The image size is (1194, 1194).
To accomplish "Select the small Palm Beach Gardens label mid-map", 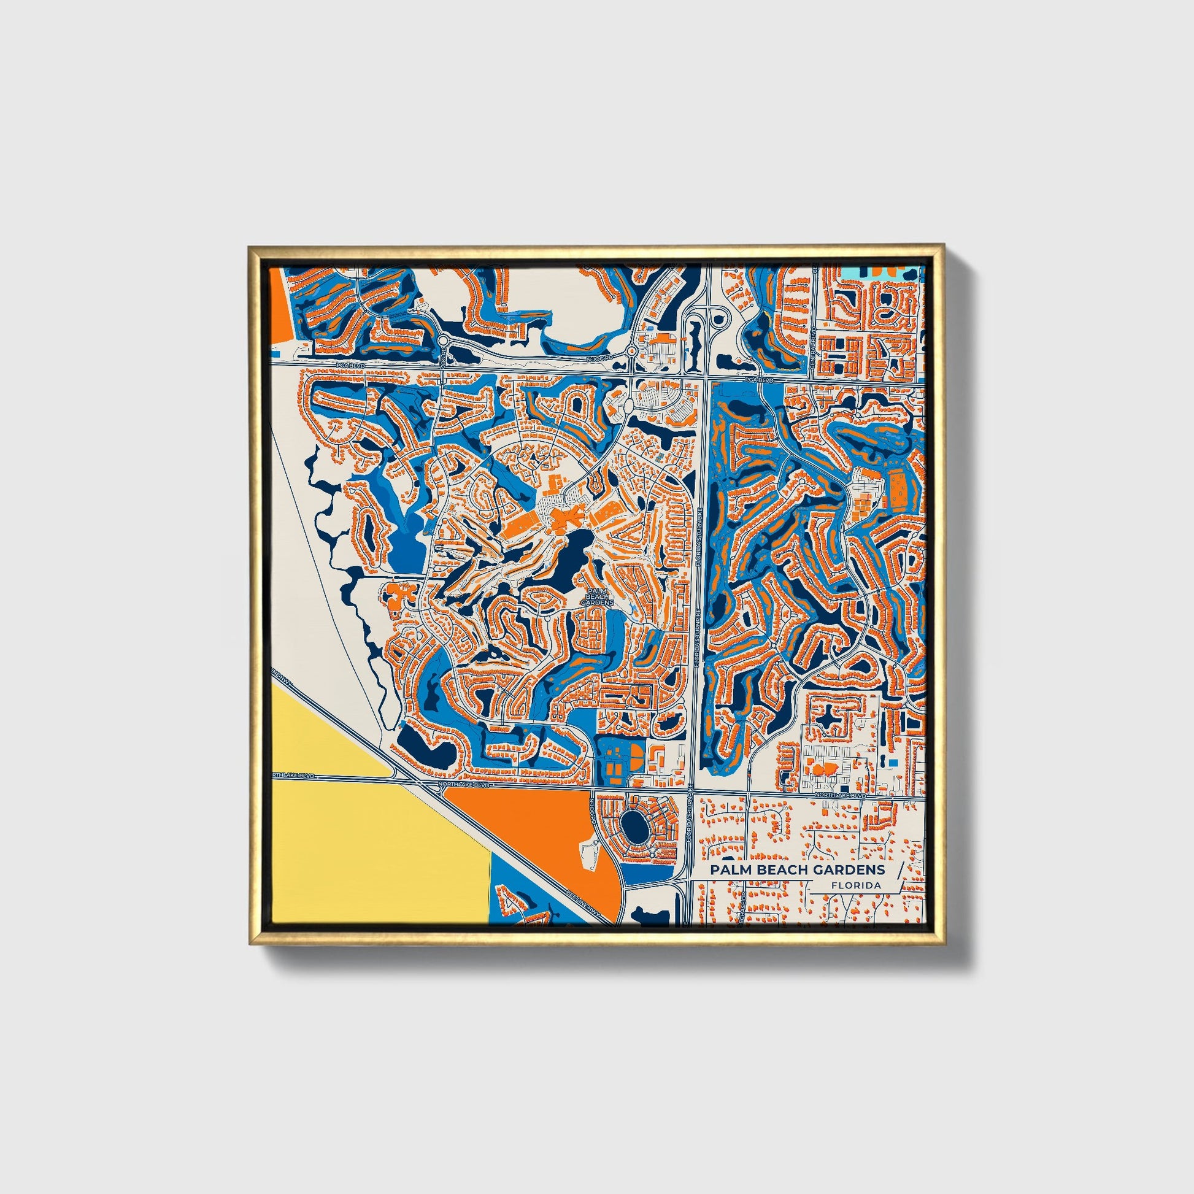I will [x=597, y=596].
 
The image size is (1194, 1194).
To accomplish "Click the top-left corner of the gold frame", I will [x=251, y=249].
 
